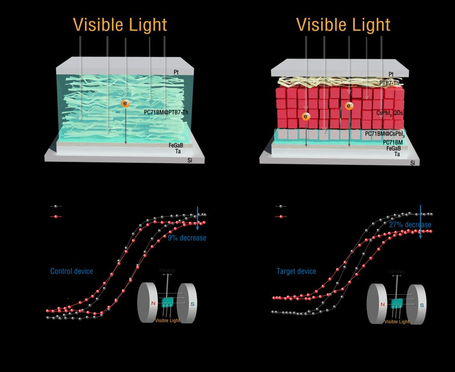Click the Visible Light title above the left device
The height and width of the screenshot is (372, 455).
click(x=120, y=24)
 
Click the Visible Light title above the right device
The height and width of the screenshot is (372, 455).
click(x=343, y=24)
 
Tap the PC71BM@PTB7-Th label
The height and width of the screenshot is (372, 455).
click(x=166, y=112)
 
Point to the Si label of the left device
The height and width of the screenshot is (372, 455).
click(x=190, y=160)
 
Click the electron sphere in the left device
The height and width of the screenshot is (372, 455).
click(x=126, y=103)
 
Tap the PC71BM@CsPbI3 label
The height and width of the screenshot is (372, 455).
click(x=385, y=133)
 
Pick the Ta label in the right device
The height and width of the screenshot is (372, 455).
click(x=397, y=154)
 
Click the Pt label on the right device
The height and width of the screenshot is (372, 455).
click(x=391, y=74)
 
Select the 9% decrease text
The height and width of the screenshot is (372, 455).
click(x=187, y=238)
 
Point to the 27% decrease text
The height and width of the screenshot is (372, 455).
click(x=410, y=225)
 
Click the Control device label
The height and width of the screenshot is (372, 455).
click(x=72, y=271)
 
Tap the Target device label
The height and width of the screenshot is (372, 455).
click(x=296, y=271)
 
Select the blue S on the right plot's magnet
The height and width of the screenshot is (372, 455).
click(x=421, y=305)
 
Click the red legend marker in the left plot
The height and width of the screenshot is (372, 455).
click(x=56, y=217)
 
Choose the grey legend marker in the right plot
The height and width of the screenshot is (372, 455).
click(x=280, y=207)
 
